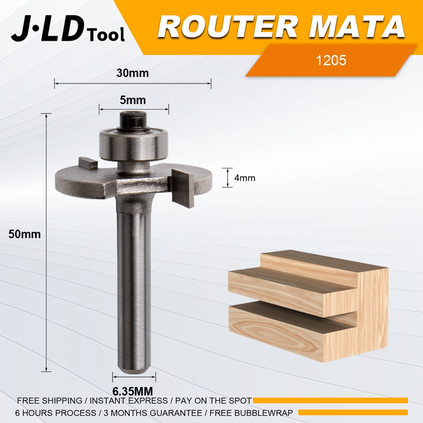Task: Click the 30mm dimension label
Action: coord(133,73)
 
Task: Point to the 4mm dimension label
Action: coord(245,178)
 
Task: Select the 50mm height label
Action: coord(25,234)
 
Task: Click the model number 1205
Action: coord(331,60)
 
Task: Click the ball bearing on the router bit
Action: coord(134,144)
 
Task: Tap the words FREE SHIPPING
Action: coord(49,401)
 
